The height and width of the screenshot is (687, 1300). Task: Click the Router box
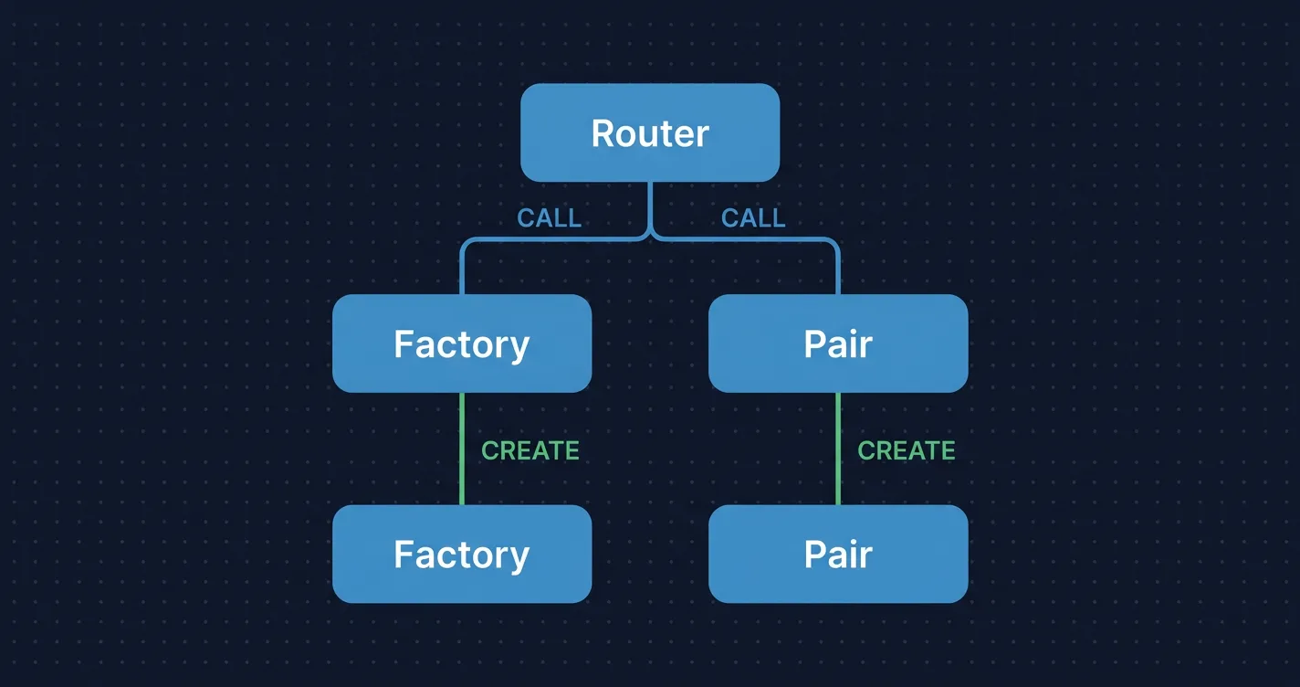(x=649, y=132)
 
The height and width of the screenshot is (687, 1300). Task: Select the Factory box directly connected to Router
(x=462, y=343)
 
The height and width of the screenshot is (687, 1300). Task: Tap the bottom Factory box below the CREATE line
(x=462, y=554)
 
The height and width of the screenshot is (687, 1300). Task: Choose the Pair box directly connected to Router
(x=838, y=343)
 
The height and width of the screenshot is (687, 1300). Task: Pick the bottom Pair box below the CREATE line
(x=838, y=554)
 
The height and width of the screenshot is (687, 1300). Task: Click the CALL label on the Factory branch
(x=549, y=218)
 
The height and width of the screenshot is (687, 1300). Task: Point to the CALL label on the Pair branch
(x=753, y=218)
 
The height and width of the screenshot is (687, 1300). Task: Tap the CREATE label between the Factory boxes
(x=530, y=450)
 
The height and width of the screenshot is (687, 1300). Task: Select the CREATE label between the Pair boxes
(x=907, y=450)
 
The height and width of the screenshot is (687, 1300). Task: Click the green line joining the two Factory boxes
(x=462, y=449)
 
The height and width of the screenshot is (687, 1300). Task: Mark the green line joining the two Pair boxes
(x=838, y=449)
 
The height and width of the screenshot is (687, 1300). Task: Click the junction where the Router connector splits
(x=650, y=236)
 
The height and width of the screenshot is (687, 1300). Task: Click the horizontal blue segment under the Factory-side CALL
(x=548, y=239)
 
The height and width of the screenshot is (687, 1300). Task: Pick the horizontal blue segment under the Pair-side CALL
(x=749, y=239)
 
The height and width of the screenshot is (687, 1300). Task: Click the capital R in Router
(x=603, y=133)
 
